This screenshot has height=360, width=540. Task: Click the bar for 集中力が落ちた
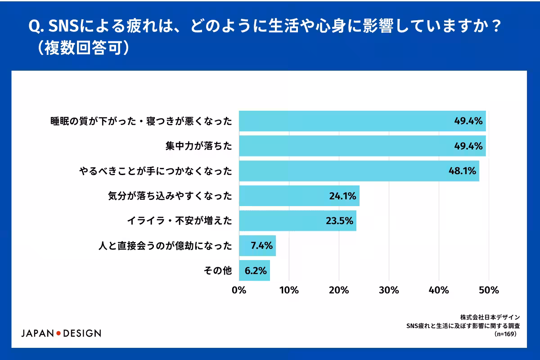click(362, 146)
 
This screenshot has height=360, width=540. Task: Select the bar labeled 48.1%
click(359, 171)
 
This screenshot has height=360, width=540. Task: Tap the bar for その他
click(255, 270)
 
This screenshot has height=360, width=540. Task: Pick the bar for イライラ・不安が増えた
click(298, 220)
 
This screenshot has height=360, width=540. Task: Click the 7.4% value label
click(261, 245)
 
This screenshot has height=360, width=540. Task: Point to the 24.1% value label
click(342, 196)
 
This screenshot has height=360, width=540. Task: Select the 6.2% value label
click(256, 270)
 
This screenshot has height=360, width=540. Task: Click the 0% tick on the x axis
click(239, 290)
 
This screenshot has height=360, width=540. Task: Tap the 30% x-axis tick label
click(389, 290)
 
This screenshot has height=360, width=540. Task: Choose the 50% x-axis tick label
click(489, 290)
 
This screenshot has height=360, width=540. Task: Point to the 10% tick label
click(289, 290)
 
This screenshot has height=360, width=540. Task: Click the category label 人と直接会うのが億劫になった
click(165, 246)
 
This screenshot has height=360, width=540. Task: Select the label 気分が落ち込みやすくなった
click(170, 196)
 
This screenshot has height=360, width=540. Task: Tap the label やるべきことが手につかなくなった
click(156, 171)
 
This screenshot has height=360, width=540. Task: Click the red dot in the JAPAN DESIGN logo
click(58, 333)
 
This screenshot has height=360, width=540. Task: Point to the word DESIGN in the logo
click(82, 333)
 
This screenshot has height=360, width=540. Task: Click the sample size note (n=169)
click(505, 334)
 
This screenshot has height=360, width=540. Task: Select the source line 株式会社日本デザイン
click(490, 317)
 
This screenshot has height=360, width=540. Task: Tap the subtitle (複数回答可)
click(83, 48)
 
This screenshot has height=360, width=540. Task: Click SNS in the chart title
click(63, 26)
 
